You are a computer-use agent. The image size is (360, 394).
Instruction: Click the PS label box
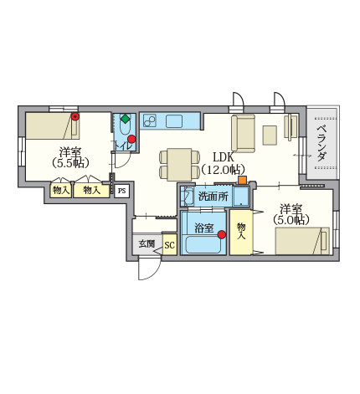(x=121, y=191)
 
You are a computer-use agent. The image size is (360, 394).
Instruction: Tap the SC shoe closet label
(x=169, y=245)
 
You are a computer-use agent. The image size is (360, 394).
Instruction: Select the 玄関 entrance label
(x=147, y=244)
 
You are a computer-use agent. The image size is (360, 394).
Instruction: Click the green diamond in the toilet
(x=126, y=118)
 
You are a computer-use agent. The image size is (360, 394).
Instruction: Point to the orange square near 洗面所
(x=242, y=180)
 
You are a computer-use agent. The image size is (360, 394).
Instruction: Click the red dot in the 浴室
(x=222, y=235)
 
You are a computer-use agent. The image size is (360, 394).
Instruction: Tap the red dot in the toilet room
(x=131, y=139)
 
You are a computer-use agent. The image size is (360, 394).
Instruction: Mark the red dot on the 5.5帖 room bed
(x=75, y=116)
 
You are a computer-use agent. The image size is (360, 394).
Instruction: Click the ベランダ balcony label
(x=322, y=144)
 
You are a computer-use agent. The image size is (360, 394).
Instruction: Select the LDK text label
(x=223, y=157)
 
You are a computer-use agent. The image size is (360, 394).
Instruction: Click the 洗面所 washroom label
(x=213, y=197)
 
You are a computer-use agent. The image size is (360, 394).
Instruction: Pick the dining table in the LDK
(x=179, y=165)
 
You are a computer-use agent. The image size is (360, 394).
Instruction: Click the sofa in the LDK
(x=243, y=134)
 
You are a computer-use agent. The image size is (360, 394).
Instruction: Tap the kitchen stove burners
(x=150, y=121)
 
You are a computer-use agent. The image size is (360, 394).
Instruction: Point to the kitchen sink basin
(x=174, y=121)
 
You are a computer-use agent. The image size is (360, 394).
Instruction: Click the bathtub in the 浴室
(x=203, y=245)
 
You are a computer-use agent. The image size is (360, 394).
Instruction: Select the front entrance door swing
(x=150, y=269)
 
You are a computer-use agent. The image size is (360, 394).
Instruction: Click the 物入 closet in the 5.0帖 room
(x=241, y=232)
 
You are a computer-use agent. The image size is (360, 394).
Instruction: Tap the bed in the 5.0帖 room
(x=302, y=241)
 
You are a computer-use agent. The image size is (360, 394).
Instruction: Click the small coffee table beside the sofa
(x=270, y=136)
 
